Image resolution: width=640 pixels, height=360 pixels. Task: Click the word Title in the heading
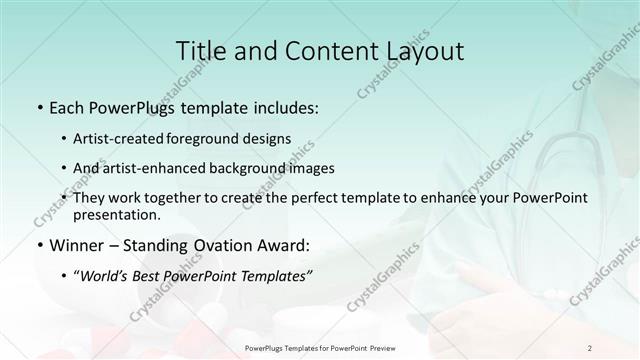click(200, 51)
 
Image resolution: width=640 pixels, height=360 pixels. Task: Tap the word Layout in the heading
click(424, 51)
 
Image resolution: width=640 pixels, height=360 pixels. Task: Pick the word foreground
click(222, 138)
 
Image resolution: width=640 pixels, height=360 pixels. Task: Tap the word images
click(310, 168)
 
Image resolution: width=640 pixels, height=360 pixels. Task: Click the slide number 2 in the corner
click(590, 347)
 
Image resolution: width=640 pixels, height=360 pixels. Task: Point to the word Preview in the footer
click(376, 347)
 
